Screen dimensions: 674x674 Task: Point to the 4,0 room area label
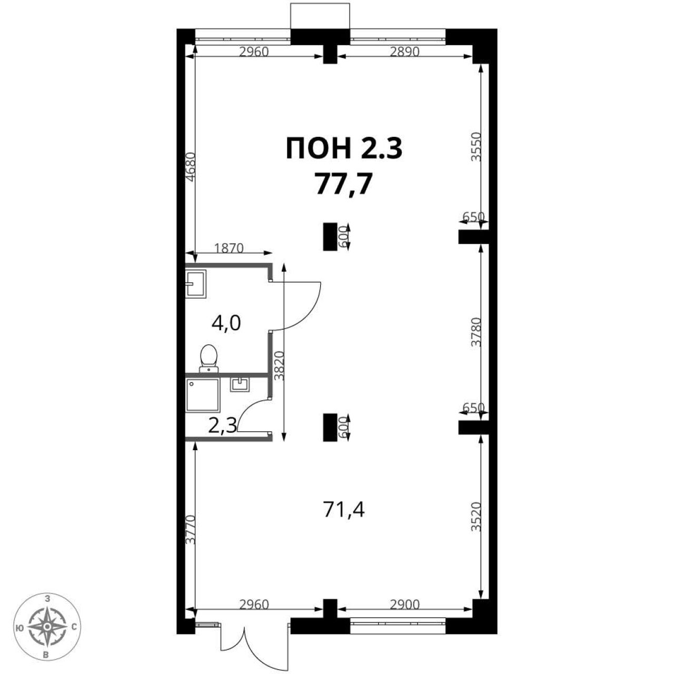pos(226,323)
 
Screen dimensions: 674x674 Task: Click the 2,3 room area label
pos(223,427)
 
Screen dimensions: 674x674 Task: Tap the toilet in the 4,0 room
pos(209,359)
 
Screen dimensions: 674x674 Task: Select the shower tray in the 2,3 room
pos(203,395)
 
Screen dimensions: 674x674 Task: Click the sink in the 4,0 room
pos(196,284)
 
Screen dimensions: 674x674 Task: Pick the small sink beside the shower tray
pos(240,384)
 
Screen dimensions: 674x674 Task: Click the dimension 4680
pos(190,166)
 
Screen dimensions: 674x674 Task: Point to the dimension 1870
pos(229,248)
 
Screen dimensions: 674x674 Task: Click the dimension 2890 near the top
pos(404,52)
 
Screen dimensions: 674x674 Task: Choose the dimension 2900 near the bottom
pos(404,604)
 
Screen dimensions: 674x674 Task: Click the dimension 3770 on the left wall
pos(190,530)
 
